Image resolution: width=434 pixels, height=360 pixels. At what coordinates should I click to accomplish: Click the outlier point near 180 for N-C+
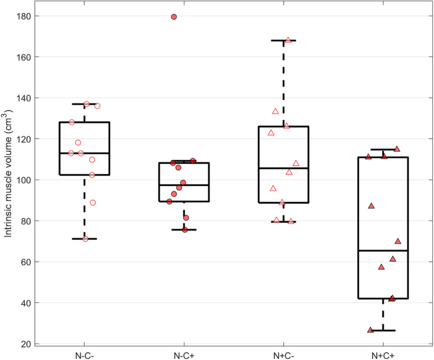coord(174,17)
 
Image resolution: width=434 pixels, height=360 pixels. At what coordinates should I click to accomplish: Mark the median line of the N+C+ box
coord(383,251)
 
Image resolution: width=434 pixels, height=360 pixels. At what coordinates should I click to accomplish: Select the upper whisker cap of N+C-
coord(283,40)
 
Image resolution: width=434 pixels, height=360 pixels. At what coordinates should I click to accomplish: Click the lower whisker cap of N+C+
coord(383,330)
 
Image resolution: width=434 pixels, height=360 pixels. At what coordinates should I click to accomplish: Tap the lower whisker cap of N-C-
coord(84,239)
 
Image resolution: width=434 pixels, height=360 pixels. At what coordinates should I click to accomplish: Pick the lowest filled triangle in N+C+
coord(371,330)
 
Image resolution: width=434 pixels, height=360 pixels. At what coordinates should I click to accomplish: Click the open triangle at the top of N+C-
coord(288,40)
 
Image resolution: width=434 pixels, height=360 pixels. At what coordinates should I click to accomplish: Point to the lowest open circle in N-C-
coord(85,239)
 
